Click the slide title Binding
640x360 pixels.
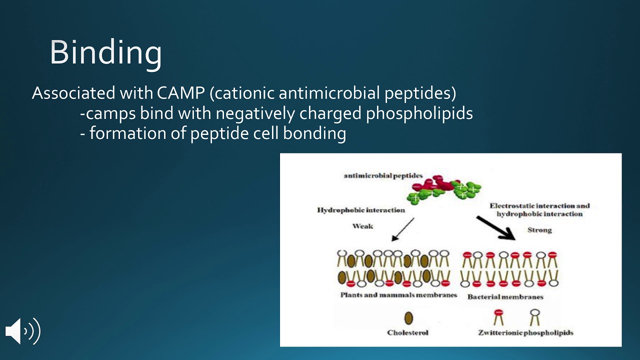105,52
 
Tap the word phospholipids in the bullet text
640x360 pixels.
419,113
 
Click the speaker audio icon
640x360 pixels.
22,331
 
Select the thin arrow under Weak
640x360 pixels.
403,229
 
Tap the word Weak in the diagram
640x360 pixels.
362,226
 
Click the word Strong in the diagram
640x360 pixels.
539,230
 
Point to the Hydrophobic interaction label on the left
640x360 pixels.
360,210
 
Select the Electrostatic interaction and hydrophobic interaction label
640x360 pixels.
539,209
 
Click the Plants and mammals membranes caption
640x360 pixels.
398,295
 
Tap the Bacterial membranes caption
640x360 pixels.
505,297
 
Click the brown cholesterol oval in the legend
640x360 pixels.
408,318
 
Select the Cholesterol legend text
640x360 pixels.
407,332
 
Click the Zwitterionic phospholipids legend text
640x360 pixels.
525,332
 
